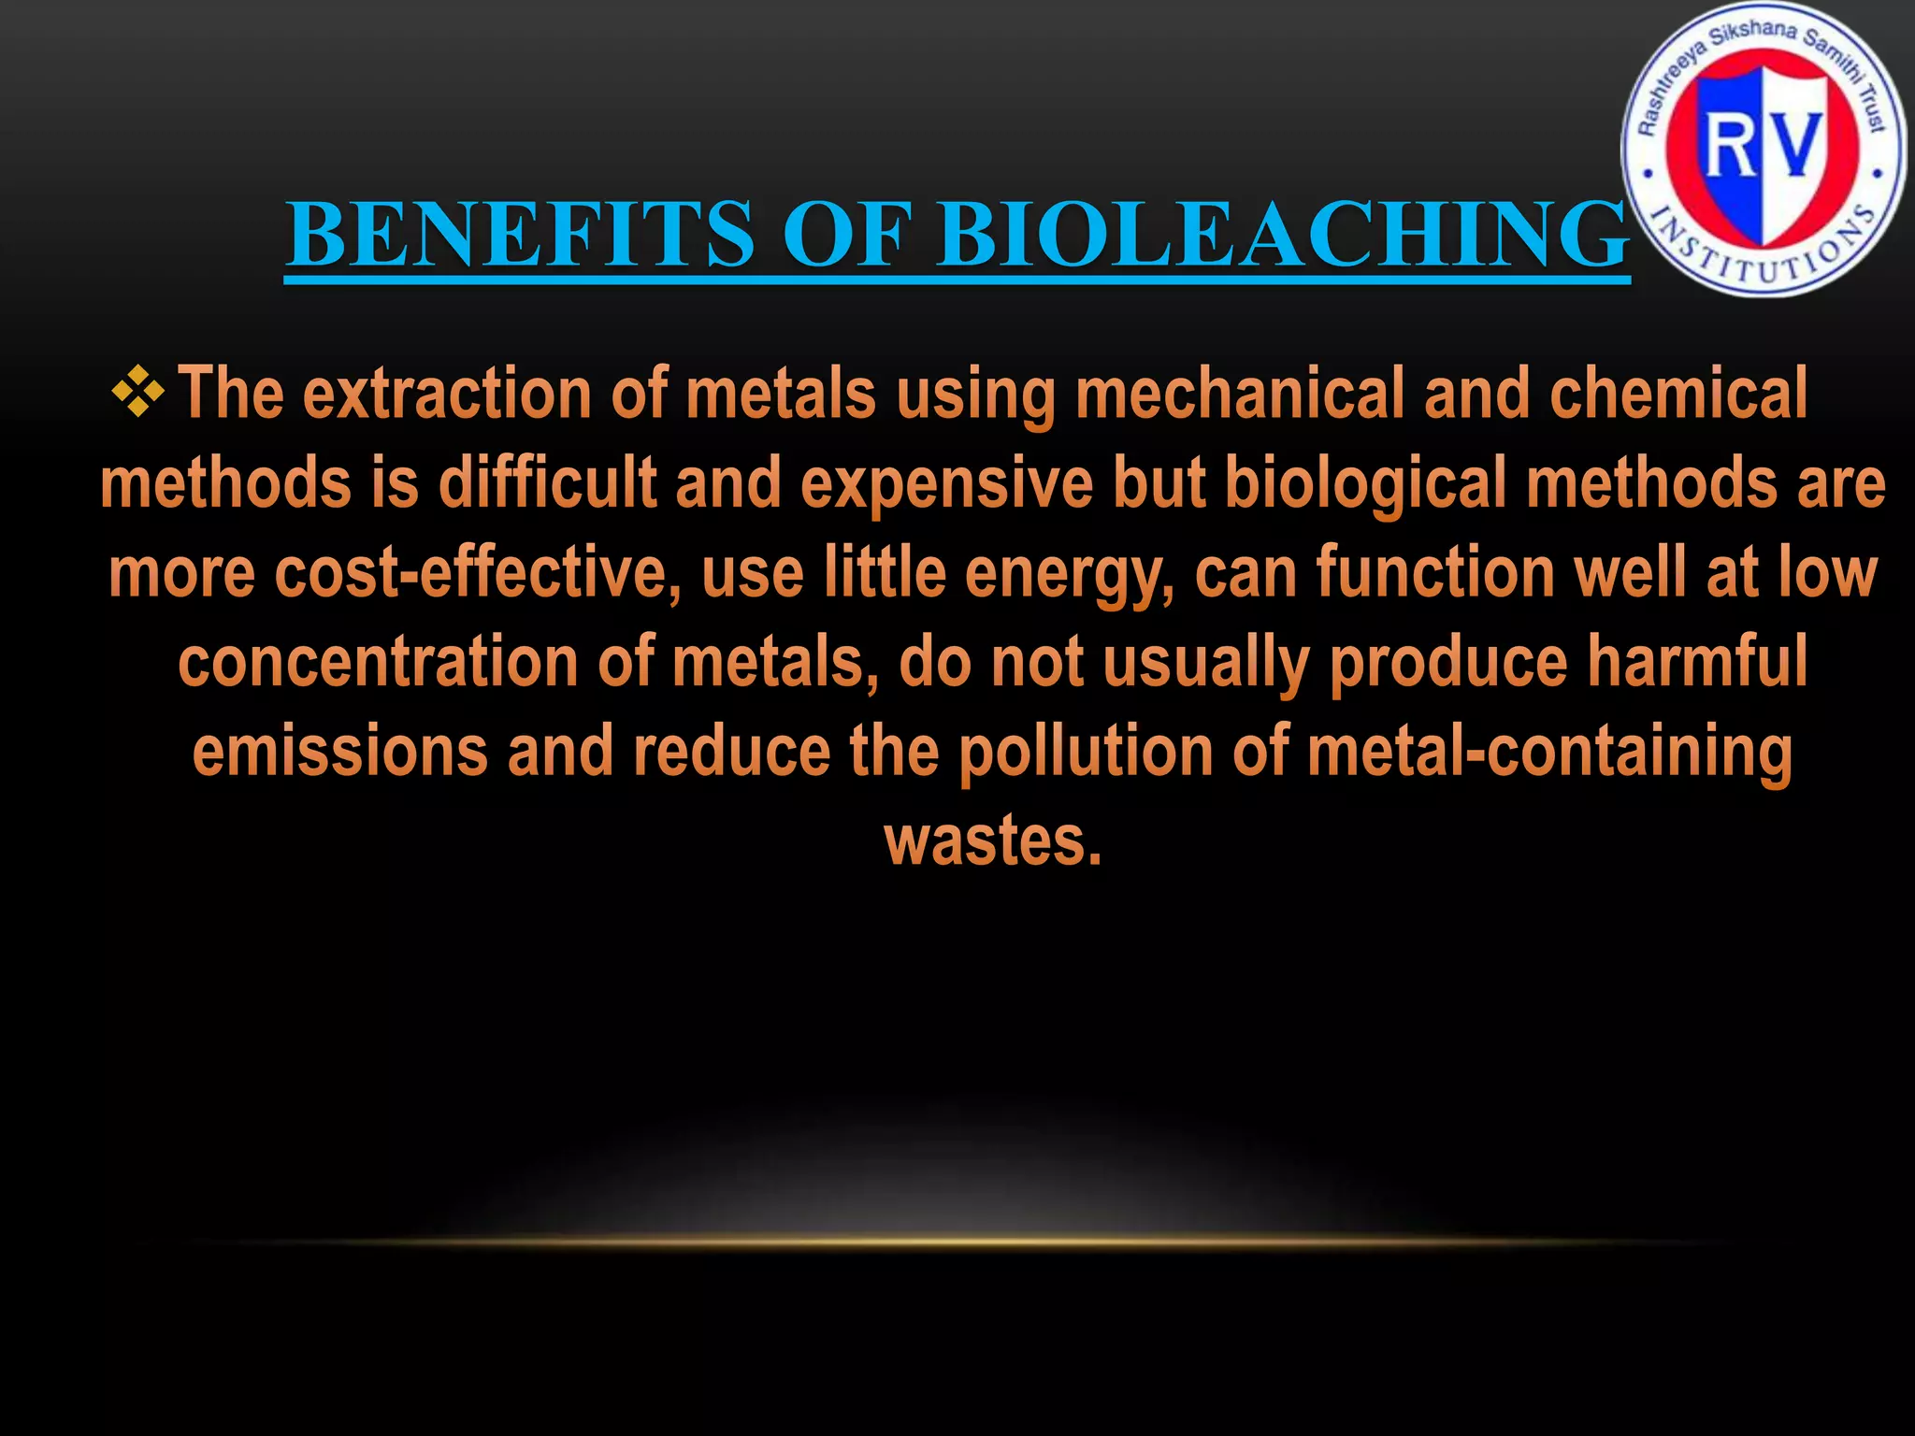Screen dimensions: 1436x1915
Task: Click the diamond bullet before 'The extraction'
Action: coord(137,392)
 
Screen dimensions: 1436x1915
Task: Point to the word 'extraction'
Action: coord(448,394)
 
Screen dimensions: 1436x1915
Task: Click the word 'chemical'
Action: coord(1678,394)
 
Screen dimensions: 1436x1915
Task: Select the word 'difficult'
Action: coord(547,483)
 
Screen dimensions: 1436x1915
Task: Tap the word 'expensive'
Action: coord(946,483)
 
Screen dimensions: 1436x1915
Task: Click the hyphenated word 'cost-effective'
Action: coord(476,573)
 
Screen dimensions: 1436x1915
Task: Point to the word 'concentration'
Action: coord(378,662)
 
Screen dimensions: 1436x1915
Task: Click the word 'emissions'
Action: coord(340,752)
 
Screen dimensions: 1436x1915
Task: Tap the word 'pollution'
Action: coord(1086,752)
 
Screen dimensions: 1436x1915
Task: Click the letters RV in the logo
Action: coord(1764,145)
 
